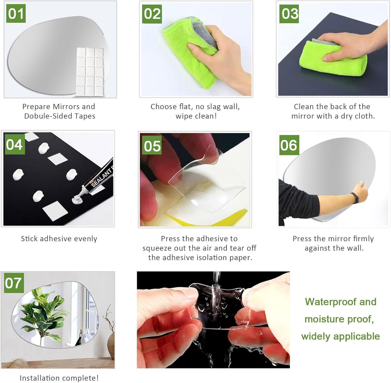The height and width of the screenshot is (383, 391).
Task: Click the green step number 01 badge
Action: (x=16, y=14)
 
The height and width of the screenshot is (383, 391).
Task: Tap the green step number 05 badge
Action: (x=152, y=145)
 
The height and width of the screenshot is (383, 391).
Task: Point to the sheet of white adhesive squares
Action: (x=90, y=71)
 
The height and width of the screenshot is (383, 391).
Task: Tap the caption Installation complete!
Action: (x=59, y=378)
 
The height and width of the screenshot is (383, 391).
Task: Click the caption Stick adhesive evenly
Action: (x=59, y=239)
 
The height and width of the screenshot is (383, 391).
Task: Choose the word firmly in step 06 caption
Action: (x=363, y=239)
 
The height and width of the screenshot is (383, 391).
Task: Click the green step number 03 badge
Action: (x=289, y=14)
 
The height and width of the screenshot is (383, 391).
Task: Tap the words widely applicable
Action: (x=340, y=336)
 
